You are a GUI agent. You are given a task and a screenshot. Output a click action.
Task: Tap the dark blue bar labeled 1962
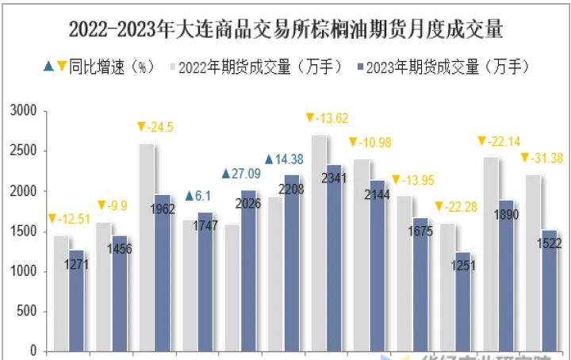coord(163,278)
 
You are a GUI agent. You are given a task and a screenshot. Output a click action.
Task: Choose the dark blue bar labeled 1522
coord(549,293)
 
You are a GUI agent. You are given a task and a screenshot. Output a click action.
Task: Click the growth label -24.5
coord(155,127)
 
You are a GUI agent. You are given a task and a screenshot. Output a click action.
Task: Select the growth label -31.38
coord(542,158)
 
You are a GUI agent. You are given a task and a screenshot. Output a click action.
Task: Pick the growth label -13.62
coord(327,118)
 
